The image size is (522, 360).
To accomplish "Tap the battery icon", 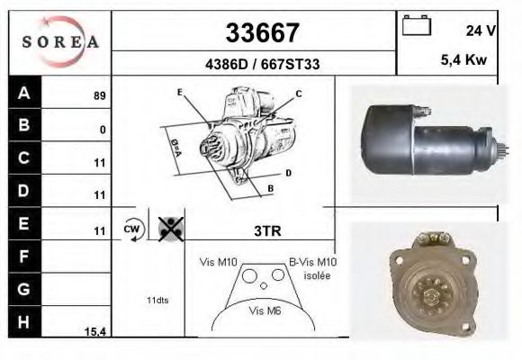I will click(416, 25).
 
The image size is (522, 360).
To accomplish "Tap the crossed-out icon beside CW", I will click(169, 229).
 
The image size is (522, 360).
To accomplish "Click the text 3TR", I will click(268, 231).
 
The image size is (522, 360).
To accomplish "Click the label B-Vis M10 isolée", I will click(311, 268).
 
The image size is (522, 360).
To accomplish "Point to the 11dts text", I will click(157, 299).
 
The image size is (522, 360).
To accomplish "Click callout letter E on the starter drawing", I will click(180, 93).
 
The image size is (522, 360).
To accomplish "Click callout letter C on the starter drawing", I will click(298, 94).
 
